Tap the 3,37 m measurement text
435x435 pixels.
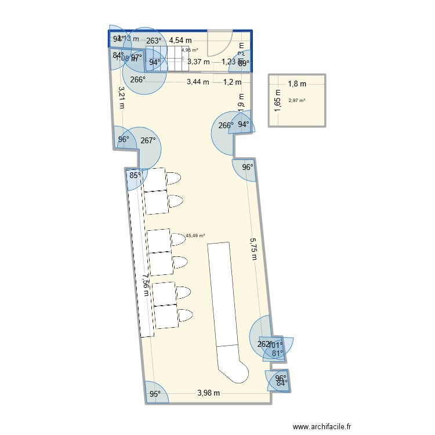coord(198,62)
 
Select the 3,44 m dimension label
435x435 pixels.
coord(198,82)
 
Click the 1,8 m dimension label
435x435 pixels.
coord(296,84)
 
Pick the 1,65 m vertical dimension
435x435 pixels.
coord(278,100)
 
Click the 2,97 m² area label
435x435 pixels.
coord(296,101)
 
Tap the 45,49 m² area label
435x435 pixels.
coord(195,236)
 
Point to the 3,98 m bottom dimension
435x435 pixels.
coord(209,393)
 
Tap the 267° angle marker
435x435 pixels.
coord(148,140)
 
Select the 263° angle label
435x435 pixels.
coord(153,41)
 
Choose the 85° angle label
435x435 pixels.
coord(135,176)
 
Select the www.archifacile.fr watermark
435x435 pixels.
coord(322,426)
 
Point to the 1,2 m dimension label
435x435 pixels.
coord(231,82)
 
